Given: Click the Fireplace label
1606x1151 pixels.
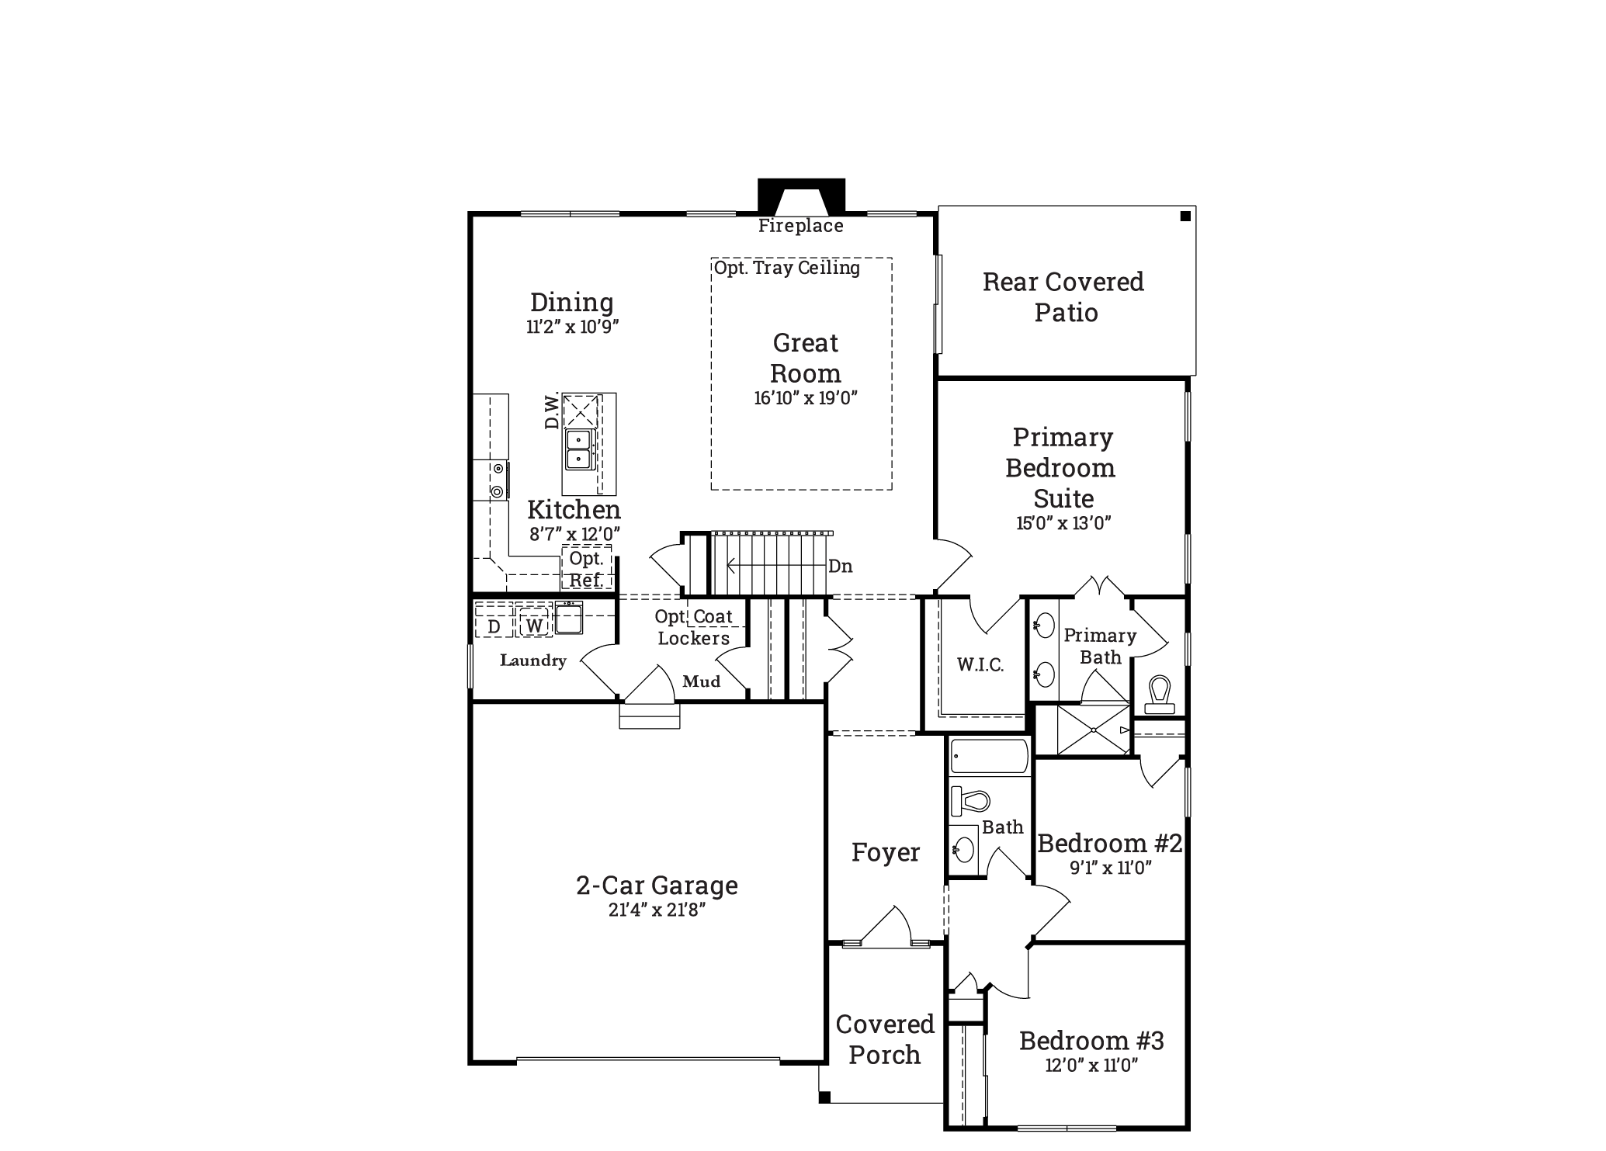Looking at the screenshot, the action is (800, 226).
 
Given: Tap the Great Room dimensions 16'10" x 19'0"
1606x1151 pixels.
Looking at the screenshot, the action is (806, 398).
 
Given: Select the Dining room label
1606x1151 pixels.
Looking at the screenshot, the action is (572, 302).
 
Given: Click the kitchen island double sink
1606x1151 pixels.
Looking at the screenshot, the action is (579, 449).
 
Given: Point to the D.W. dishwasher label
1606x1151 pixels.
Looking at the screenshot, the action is (552, 411).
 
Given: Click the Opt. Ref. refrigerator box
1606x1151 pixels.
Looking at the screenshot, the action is (587, 568).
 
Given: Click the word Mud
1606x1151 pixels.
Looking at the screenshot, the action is (702, 681).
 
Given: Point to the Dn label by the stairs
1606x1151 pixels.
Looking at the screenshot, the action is (841, 567).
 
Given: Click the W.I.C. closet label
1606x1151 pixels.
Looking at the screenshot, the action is (980, 664).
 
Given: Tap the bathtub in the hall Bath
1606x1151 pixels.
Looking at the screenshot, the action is (990, 756).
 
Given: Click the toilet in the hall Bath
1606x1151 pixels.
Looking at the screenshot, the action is (971, 800).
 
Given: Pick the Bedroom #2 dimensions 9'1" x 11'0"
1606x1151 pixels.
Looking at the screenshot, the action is (1111, 868).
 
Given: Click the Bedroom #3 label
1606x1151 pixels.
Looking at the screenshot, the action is (1091, 1040).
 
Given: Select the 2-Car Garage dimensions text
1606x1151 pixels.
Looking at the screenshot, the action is (657, 910).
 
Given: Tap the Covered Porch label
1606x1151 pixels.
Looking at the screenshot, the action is (885, 1039).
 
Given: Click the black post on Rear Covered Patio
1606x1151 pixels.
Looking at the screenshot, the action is (1185, 217).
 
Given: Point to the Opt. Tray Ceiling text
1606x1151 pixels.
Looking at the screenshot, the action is (787, 269).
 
